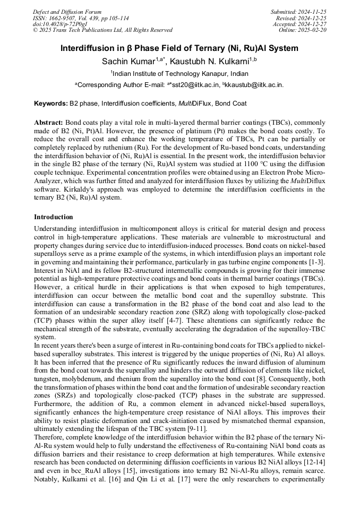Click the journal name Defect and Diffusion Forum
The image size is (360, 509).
[67, 12]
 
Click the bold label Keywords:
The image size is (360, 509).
[51, 103]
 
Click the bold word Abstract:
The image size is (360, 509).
[48, 122]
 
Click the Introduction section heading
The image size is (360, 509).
[53, 217]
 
